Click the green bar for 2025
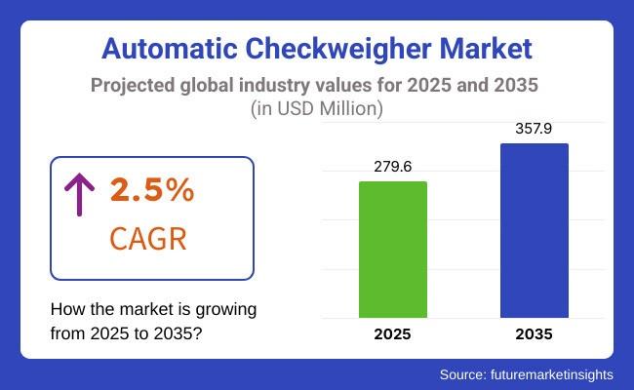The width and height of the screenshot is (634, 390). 393,250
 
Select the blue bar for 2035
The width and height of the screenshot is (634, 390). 535,230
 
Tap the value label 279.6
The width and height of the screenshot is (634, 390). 393,167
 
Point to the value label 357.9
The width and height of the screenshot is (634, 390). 534,129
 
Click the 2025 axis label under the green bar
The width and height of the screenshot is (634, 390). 393,334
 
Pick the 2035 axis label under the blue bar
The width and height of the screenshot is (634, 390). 535,334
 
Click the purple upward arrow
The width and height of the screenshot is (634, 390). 80,194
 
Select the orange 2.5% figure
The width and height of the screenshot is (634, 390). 152,189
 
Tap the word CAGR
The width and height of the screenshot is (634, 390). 148,239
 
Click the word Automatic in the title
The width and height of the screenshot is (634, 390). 170,49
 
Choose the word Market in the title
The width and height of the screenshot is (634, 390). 486,49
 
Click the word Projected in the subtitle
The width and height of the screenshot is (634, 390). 133,86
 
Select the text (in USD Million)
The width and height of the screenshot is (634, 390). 317,109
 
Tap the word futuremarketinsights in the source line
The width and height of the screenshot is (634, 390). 552,374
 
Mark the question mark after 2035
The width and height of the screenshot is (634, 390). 197,333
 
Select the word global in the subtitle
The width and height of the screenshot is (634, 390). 207,86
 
